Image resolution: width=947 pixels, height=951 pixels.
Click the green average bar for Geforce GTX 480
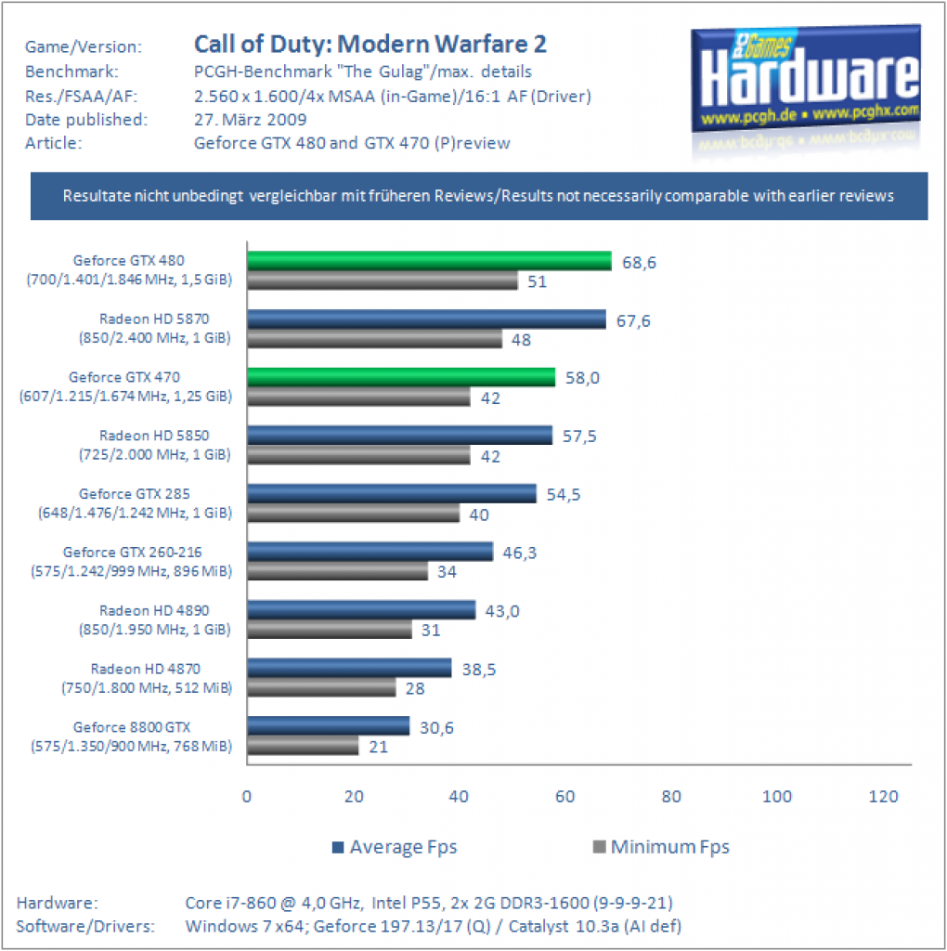click(x=429, y=261)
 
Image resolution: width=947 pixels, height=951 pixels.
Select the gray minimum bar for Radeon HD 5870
click(x=375, y=338)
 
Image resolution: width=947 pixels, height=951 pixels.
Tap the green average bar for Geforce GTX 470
click(x=401, y=377)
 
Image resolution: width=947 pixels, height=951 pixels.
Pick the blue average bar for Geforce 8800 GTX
click(x=329, y=726)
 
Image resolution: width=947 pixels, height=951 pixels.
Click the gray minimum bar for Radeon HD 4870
click(x=321, y=688)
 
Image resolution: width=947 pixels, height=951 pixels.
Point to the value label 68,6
click(x=639, y=263)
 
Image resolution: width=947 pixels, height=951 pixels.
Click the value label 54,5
click(x=564, y=495)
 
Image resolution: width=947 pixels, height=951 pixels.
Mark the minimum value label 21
click(x=378, y=747)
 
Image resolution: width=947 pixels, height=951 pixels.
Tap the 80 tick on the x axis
click(x=671, y=796)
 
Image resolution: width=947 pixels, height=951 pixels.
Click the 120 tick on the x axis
click(x=883, y=796)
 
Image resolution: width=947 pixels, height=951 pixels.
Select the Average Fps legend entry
click(x=395, y=847)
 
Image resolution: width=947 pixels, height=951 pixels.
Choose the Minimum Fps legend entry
click(x=661, y=847)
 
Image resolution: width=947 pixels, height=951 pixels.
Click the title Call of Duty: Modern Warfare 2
click(x=370, y=45)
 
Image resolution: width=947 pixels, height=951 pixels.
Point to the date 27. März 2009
click(x=251, y=120)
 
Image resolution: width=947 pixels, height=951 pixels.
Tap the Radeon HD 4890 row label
click(x=155, y=619)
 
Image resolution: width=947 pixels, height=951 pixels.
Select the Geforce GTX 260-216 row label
click(x=132, y=562)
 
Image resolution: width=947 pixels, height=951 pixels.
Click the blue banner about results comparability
click(x=479, y=196)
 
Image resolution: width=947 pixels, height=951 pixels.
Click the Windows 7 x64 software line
click(x=434, y=927)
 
